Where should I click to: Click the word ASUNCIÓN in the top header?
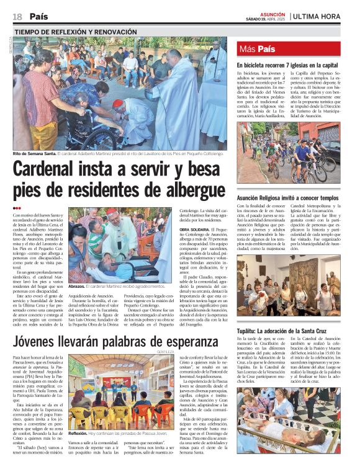(272, 13)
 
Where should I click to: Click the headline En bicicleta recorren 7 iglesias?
(287, 65)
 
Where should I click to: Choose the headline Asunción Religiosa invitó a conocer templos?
(287, 198)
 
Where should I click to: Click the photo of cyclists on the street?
(287, 151)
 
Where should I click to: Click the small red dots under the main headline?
(17, 208)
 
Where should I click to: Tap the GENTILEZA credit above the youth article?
(166, 352)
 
